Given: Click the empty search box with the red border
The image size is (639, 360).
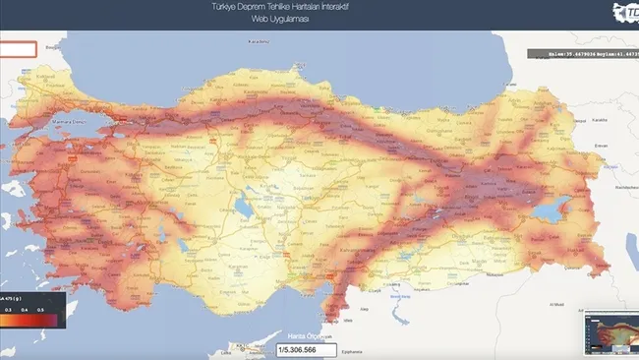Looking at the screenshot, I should click(19, 49).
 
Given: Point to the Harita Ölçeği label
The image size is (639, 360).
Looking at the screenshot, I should click(306, 336).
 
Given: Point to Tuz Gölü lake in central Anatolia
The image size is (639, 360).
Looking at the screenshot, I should click(243, 210).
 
